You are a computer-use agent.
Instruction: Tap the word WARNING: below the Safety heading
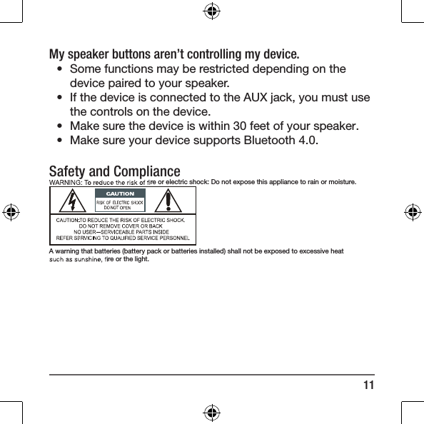(x=65, y=183)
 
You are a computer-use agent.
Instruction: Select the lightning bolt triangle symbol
(x=72, y=203)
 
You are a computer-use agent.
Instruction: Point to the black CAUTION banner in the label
(x=120, y=193)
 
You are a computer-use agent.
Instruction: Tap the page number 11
(x=368, y=385)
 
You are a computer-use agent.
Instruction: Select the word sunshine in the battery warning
(x=87, y=258)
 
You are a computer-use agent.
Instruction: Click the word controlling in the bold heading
(x=209, y=55)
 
